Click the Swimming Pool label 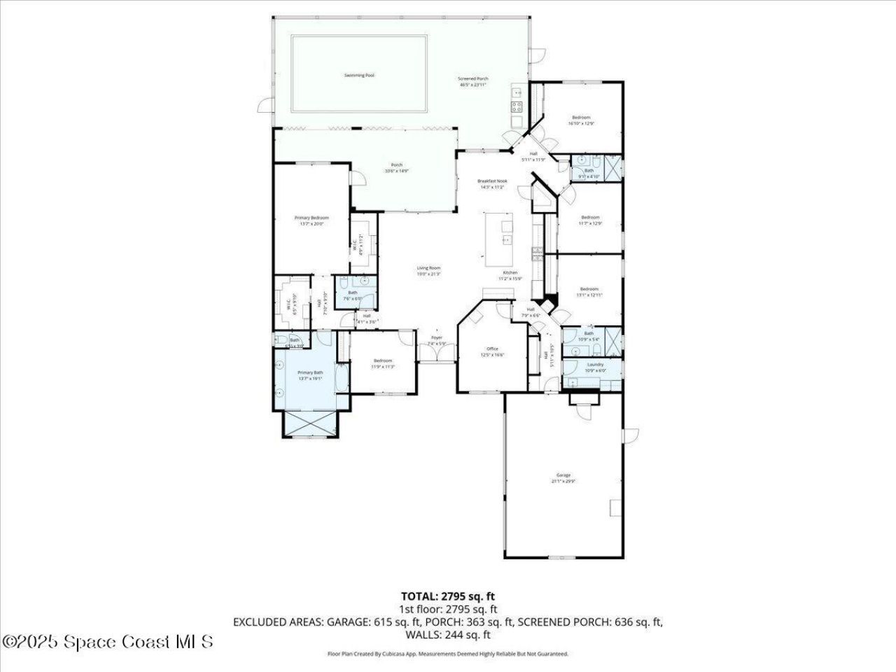[358, 75]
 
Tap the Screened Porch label [473, 82]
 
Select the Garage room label [563, 477]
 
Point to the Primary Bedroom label [311, 220]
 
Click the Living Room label [428, 271]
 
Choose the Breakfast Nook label [492, 184]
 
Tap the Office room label [492, 351]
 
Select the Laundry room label [595, 367]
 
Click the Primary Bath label [310, 375]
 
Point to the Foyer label [437, 340]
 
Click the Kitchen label [510, 275]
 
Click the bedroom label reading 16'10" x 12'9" [581, 120]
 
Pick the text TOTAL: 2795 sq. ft [448, 596]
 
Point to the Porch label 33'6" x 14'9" [396, 167]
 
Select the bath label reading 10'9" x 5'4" [589, 336]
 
